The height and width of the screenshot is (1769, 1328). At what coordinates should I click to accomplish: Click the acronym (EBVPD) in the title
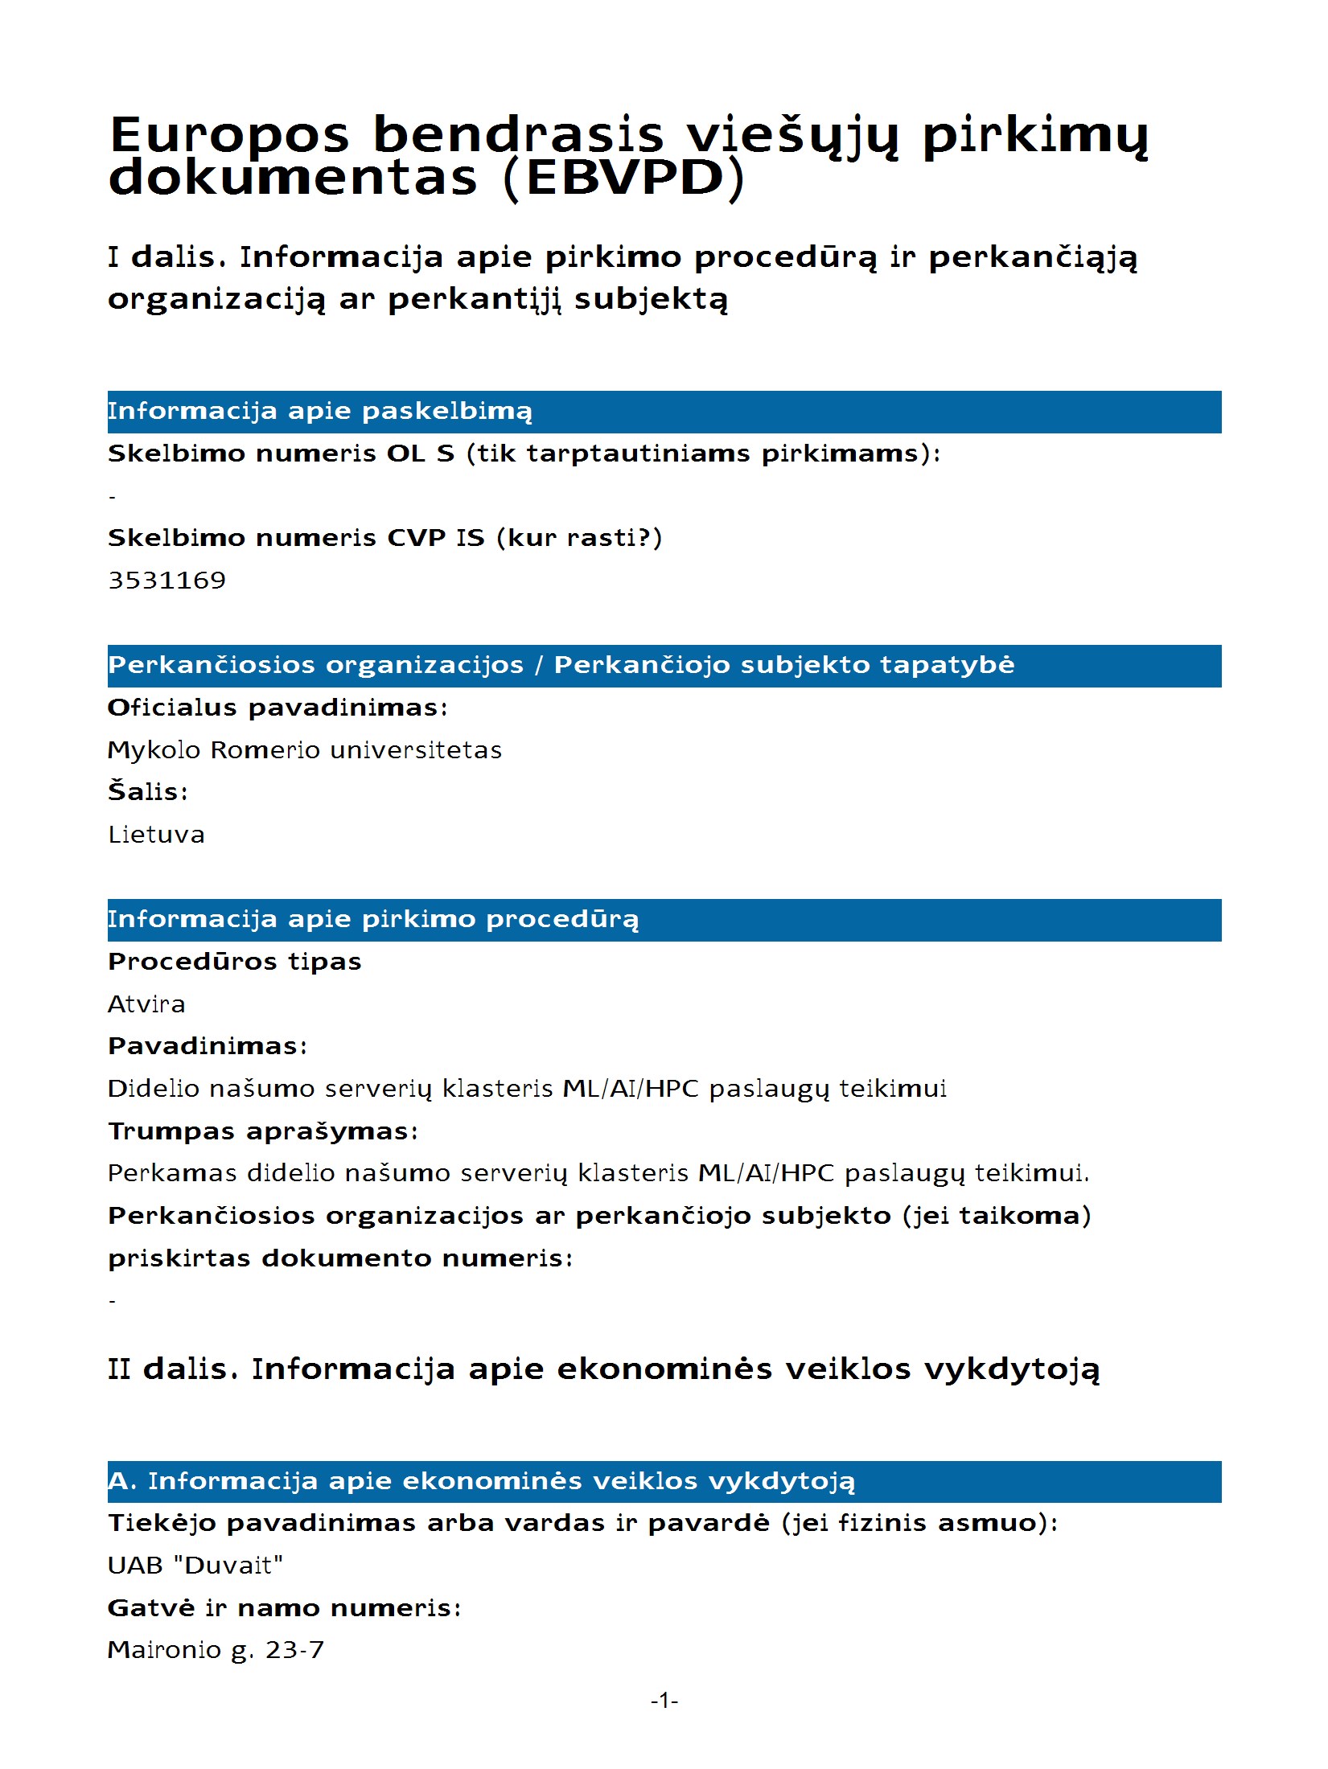click(623, 178)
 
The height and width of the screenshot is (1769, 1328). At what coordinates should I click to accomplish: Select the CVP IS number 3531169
click(167, 580)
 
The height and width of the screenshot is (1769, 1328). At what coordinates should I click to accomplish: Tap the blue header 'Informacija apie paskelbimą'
click(320, 412)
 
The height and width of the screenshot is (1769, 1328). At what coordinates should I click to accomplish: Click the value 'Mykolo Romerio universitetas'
click(304, 749)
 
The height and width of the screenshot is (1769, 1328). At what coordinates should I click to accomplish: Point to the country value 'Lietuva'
click(156, 834)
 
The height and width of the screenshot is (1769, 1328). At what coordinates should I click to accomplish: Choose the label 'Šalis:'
click(148, 791)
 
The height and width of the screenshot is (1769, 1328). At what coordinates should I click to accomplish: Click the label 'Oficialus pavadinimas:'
click(278, 708)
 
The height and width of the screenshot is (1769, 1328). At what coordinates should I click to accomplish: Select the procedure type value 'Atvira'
click(146, 1004)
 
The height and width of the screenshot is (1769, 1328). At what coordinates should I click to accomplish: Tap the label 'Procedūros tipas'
click(235, 962)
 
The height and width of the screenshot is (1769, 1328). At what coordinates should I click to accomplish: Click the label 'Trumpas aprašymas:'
click(263, 1131)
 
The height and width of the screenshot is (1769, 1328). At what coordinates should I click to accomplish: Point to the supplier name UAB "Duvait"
click(195, 1565)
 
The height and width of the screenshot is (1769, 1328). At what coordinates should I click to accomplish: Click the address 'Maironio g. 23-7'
click(216, 1650)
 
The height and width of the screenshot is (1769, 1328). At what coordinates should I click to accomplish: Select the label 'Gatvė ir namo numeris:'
click(285, 1607)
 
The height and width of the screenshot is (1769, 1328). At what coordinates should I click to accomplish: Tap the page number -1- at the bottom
click(664, 1700)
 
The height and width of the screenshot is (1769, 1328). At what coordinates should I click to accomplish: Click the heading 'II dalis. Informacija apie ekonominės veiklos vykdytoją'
click(603, 1369)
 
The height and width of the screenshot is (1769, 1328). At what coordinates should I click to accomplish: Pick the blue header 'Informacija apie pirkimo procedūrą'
click(373, 919)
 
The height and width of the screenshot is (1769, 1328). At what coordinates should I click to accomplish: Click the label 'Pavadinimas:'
click(208, 1046)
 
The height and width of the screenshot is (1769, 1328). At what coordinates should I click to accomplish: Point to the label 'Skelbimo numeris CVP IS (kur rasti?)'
click(384, 537)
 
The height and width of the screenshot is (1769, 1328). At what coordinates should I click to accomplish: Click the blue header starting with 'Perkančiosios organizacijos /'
click(561, 665)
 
